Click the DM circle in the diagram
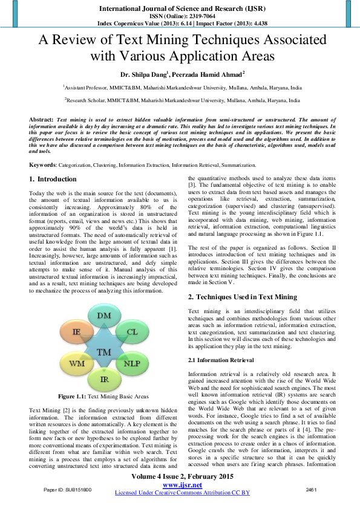104,317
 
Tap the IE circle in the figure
76,332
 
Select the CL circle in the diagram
131,332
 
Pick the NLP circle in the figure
131,364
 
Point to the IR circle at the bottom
104,379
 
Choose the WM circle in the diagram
76,364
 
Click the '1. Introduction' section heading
53,180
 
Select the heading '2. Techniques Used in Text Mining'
243,297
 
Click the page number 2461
312,488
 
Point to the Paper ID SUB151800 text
68,488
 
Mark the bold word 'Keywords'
44,165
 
